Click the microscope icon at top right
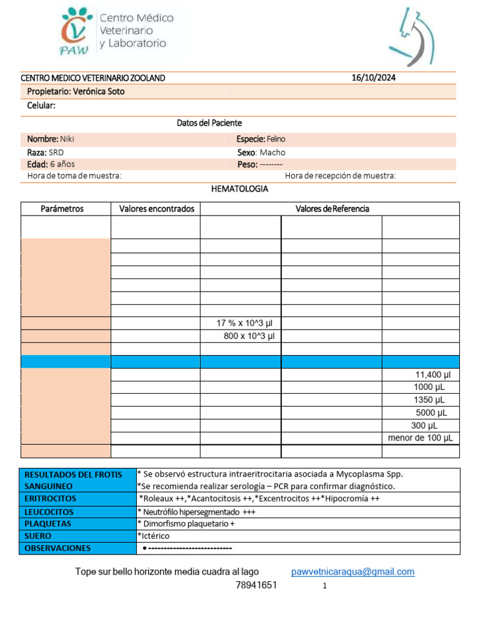coord(411,37)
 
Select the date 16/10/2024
coord(373,78)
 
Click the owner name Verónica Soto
coord(98,92)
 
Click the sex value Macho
coord(273,152)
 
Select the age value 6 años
coord(62,164)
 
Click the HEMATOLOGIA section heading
coord(240,188)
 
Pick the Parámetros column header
coord(62,209)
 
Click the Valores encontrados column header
coord(157,209)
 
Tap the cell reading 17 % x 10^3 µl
coord(245,323)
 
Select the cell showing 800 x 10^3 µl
coord(249,336)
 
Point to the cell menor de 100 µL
coord(420,438)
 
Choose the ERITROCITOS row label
coord(50,498)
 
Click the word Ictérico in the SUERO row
coord(154,536)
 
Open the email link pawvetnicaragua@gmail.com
coord(352,571)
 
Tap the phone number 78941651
coord(256,585)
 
